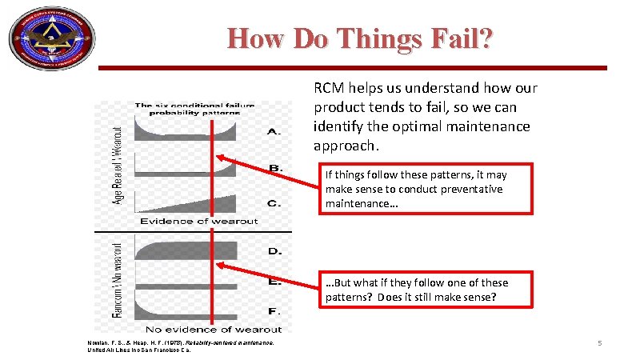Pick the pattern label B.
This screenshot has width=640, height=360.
coord(274,168)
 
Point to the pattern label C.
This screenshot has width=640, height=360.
coord(274,203)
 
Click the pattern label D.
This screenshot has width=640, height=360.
coord(274,251)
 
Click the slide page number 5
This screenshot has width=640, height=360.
coord(600,344)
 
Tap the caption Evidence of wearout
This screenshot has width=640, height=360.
coord(199,221)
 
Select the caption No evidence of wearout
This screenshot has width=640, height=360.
coord(214,329)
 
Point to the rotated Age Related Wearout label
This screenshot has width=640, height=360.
coord(118,163)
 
